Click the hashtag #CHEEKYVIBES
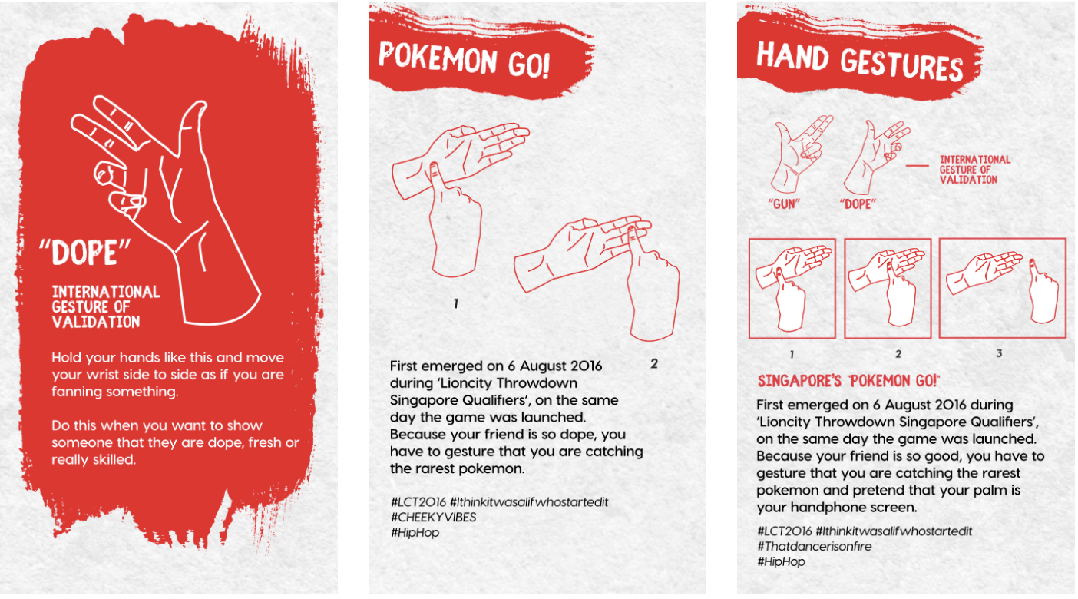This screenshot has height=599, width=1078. [433, 517]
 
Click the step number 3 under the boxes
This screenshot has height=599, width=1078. [999, 354]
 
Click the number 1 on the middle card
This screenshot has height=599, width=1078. [455, 304]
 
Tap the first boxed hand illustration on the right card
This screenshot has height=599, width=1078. [792, 288]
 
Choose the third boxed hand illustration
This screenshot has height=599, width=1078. [1002, 288]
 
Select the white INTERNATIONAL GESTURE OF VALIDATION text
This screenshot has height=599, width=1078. [106, 306]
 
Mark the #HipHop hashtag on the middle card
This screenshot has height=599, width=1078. [415, 532]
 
